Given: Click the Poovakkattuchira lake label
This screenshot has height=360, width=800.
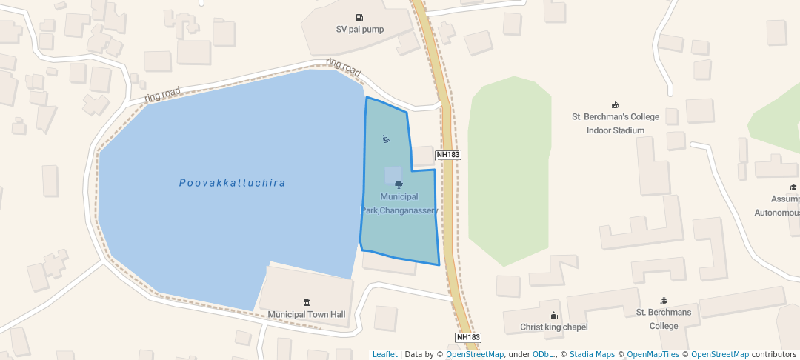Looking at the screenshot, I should pos(232,183).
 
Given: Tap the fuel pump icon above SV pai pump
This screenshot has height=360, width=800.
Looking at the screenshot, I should pos(359,18).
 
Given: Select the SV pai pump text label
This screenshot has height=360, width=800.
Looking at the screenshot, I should pos(359,30).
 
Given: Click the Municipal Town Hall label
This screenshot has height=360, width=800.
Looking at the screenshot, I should pos(307,314).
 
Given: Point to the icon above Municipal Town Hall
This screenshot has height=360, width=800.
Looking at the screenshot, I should pos(307,302).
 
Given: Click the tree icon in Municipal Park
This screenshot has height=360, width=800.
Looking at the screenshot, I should pos(399,184).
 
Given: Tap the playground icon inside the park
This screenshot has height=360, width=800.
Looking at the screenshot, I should pos(386,139).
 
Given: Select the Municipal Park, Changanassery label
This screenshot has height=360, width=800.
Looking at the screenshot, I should pos(399,203).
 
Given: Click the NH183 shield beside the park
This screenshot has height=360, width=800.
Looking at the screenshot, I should pos(448,155).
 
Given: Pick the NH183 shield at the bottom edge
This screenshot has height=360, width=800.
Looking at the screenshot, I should pos(469,337).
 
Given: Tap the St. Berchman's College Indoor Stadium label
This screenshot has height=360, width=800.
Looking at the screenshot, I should pos(615,123).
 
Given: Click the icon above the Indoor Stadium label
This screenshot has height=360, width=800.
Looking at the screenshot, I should pos(615,104).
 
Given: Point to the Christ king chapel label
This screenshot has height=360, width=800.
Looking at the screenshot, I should pos(553,327).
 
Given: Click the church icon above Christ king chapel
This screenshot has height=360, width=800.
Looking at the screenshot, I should pos(553,315).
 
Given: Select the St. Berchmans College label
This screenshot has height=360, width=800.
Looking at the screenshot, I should pos(664,319).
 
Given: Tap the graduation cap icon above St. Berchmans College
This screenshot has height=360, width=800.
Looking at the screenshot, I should pos(664,301).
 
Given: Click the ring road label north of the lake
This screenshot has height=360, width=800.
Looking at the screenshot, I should pos(344,68).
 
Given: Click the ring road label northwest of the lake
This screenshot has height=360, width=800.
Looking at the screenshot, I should pos(162,94).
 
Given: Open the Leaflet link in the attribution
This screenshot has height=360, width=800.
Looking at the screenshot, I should pos(384,354).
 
